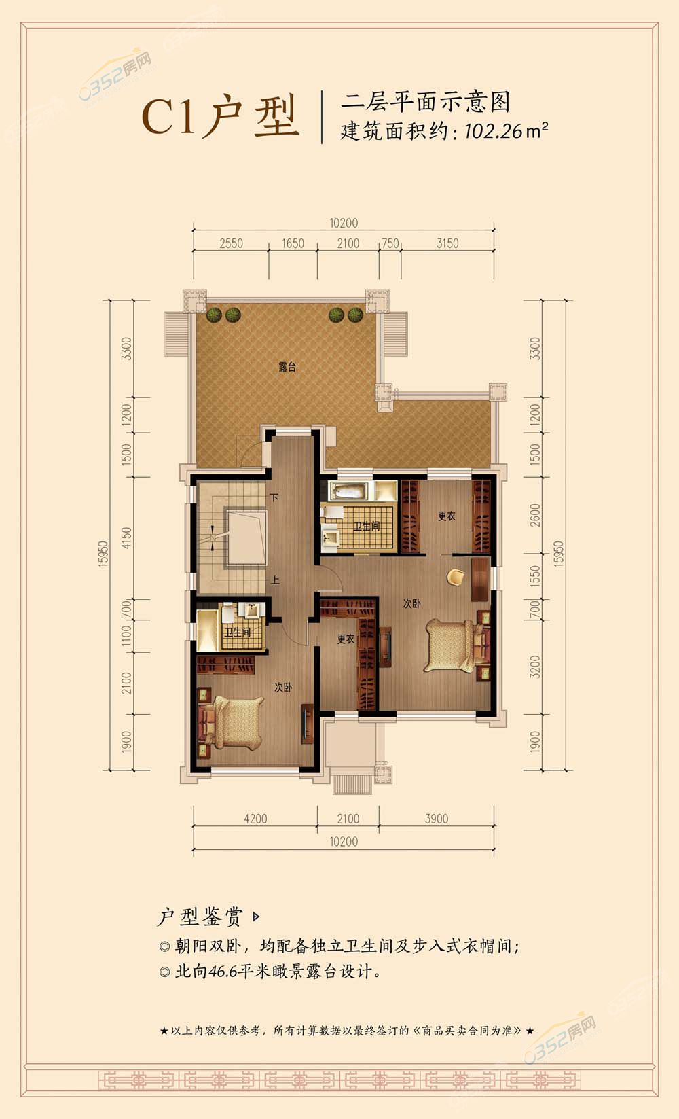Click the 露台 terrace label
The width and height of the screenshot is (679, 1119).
pyautogui.click(x=287, y=367)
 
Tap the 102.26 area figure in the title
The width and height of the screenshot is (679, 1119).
pyautogui.click(x=493, y=131)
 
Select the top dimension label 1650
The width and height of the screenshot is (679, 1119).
pyautogui.click(x=293, y=243)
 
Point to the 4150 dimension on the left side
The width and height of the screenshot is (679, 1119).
pyautogui.click(x=126, y=538)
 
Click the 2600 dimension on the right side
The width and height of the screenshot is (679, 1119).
pyautogui.click(x=535, y=515)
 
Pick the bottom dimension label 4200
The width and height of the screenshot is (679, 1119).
pyautogui.click(x=255, y=819)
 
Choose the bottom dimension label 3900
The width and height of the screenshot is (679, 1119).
pyautogui.click(x=437, y=819)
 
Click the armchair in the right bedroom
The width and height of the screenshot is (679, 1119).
pyautogui.click(x=456, y=576)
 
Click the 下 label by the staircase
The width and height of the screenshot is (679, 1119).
pyautogui.click(x=274, y=497)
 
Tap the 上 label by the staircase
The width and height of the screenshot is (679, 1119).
pyautogui.click(x=275, y=580)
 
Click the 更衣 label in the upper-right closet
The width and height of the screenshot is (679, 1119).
pyautogui.click(x=447, y=516)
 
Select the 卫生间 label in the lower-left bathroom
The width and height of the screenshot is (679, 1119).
pyautogui.click(x=237, y=633)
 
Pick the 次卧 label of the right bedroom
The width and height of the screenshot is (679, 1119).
pyautogui.click(x=412, y=603)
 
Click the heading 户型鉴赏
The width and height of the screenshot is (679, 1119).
pyautogui.click(x=200, y=917)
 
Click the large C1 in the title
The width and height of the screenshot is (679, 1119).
pyautogui.click(x=169, y=117)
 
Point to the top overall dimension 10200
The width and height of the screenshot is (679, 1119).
pyautogui.click(x=344, y=223)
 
